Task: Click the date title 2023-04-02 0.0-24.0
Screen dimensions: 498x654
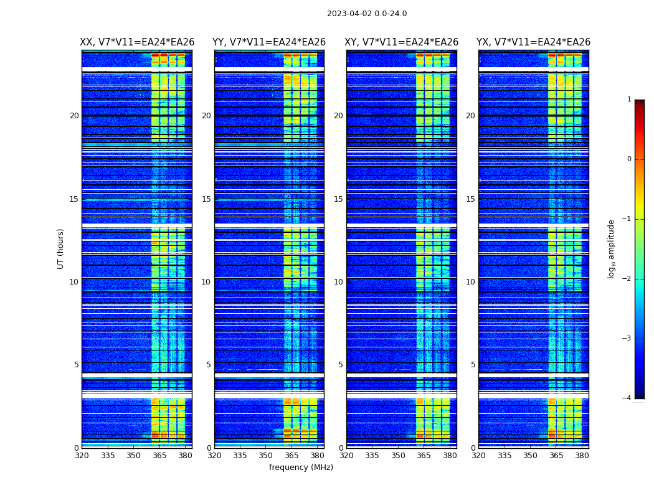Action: (367, 14)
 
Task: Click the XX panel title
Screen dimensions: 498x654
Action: (137, 42)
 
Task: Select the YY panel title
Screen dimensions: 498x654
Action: (269, 42)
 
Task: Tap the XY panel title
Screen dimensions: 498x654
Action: (402, 42)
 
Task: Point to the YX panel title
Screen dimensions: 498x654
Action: (534, 42)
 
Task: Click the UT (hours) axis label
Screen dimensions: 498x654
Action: (60, 248)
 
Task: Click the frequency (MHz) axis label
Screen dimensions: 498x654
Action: (301, 467)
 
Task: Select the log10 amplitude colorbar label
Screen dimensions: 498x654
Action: (612, 248)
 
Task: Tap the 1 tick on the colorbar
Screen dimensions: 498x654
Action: (629, 100)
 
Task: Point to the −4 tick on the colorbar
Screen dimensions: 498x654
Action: (627, 398)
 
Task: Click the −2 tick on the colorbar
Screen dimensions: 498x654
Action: (627, 279)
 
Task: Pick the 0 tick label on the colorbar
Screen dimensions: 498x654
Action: (629, 159)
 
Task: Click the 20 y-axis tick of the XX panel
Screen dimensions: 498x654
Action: (74, 116)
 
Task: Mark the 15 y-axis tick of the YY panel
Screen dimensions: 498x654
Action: (206, 199)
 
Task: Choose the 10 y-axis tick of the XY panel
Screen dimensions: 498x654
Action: (338, 282)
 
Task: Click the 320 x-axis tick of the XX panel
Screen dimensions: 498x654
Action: (82, 456)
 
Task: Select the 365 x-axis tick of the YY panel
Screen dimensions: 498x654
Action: (291, 456)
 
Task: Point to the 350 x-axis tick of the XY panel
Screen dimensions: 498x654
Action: (398, 456)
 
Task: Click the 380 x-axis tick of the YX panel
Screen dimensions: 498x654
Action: (582, 456)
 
